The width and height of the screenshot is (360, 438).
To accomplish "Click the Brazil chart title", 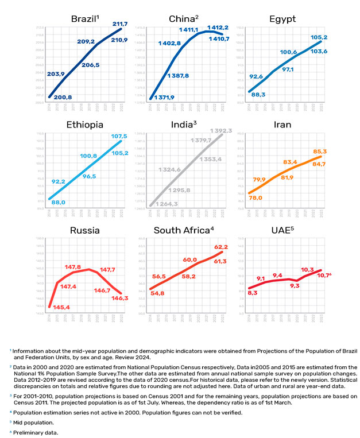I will click(x=83, y=20).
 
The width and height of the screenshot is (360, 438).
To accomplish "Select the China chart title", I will click(x=183, y=20).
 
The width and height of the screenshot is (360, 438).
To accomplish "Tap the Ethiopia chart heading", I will click(x=84, y=125).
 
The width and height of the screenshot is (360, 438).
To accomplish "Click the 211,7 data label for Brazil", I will click(x=119, y=24).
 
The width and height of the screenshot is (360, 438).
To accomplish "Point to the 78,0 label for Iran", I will click(x=255, y=197).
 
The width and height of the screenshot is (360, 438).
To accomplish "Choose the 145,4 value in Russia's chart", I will click(x=61, y=307).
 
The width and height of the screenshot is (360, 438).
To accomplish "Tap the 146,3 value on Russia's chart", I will click(x=120, y=298).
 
